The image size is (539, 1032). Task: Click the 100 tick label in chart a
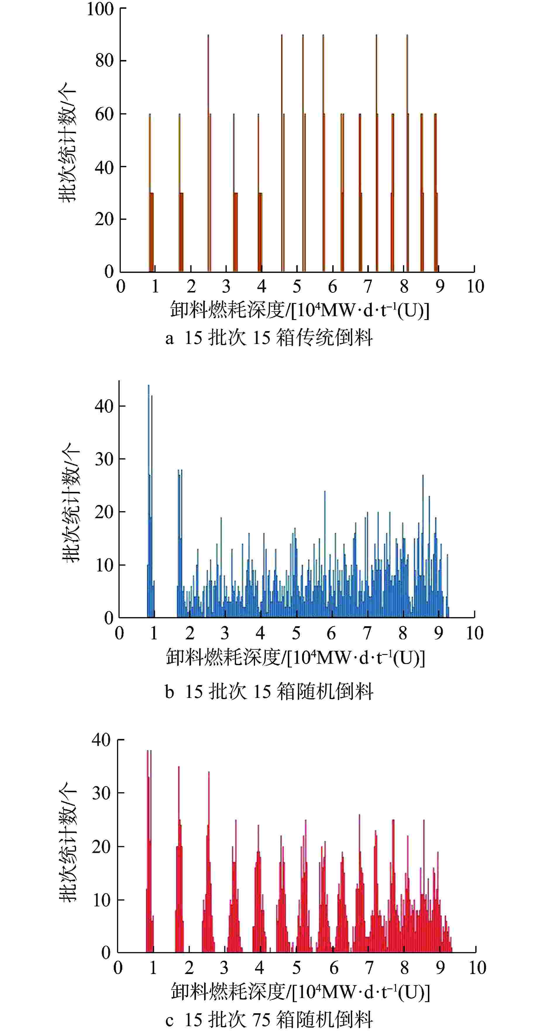100,9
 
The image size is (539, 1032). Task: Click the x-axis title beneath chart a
299,310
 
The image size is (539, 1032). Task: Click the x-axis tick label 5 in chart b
296,633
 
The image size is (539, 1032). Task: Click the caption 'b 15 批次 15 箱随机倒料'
269,692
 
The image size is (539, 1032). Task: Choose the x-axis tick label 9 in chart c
440,968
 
